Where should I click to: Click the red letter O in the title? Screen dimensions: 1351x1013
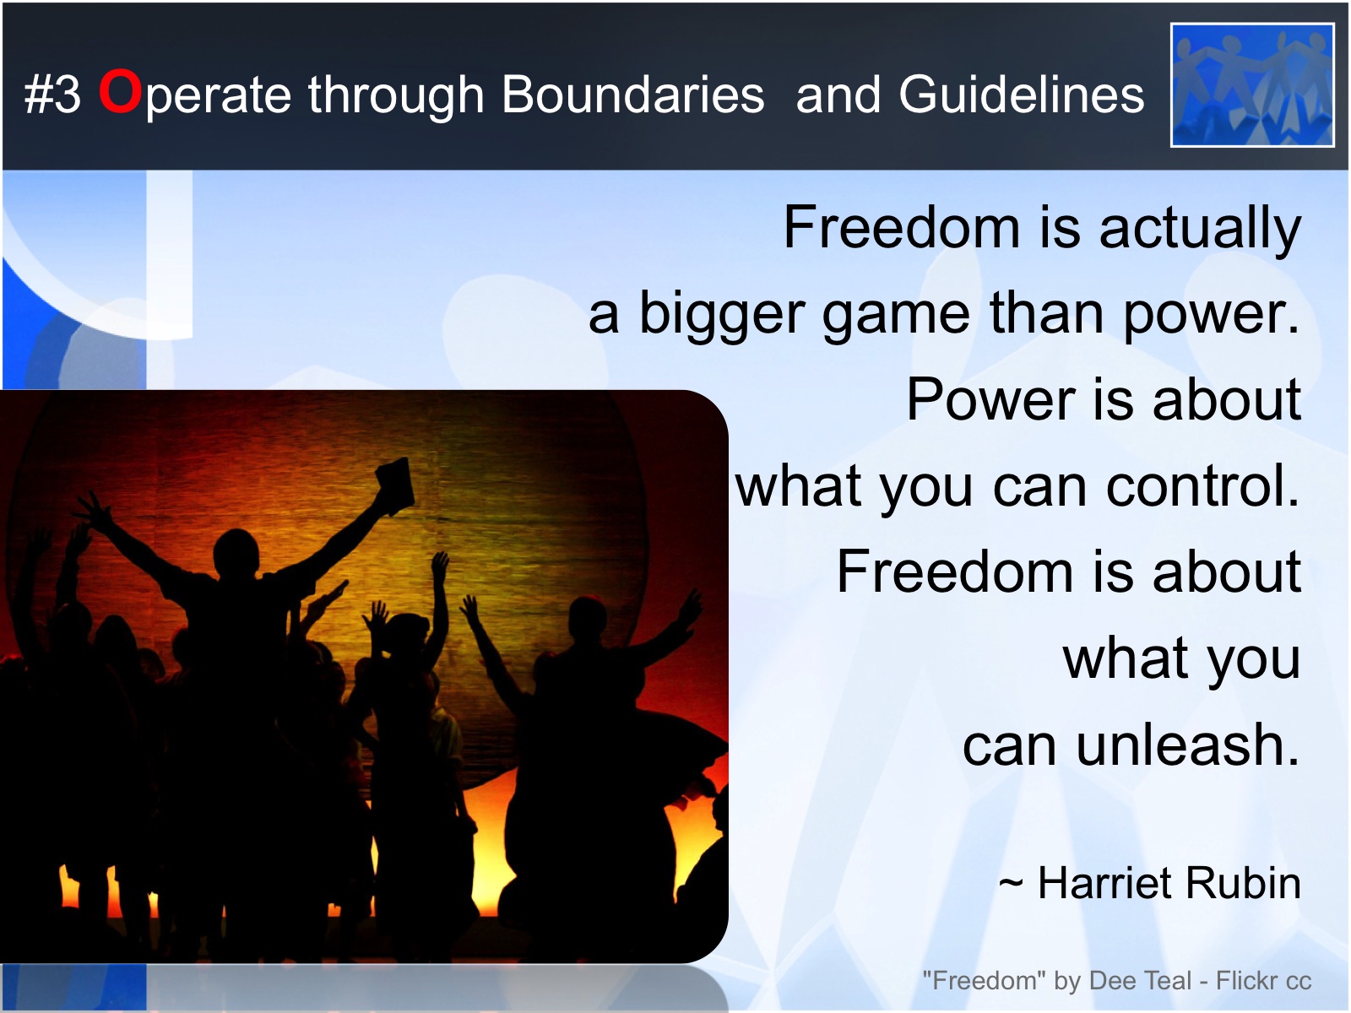coord(119,91)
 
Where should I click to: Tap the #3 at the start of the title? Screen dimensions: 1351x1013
coord(52,95)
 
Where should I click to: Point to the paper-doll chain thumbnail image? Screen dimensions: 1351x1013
coord(1252,85)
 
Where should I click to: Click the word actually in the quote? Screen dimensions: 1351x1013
coord(1200,229)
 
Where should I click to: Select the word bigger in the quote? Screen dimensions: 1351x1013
coord(721,315)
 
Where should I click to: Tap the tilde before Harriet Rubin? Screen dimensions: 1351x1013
coord(1011,884)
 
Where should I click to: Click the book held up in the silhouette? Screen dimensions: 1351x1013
coord(394,484)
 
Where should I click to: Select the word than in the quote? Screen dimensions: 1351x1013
coord(1046,314)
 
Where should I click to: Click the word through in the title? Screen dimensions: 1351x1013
coord(396,95)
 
